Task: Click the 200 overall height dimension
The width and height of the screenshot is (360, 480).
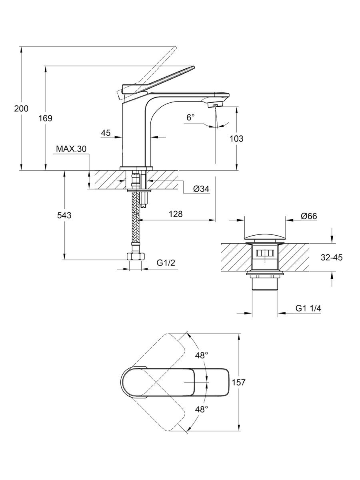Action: click(x=21, y=108)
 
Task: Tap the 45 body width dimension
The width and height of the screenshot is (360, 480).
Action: click(x=106, y=133)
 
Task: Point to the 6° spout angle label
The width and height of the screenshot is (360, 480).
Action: click(x=190, y=118)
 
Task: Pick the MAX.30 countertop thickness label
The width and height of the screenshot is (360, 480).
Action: click(x=71, y=149)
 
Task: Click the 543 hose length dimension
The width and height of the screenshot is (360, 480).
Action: click(x=64, y=215)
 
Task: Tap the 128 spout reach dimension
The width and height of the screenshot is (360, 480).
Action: click(x=175, y=214)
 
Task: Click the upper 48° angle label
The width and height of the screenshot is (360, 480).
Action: click(x=202, y=355)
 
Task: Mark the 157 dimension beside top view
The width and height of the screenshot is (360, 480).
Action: click(x=238, y=382)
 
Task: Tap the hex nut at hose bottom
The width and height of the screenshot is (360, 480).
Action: click(x=136, y=257)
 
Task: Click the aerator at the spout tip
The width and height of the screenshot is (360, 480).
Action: click(x=215, y=105)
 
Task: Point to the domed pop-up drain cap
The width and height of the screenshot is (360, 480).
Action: click(x=264, y=237)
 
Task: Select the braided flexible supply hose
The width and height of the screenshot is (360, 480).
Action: click(x=136, y=224)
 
